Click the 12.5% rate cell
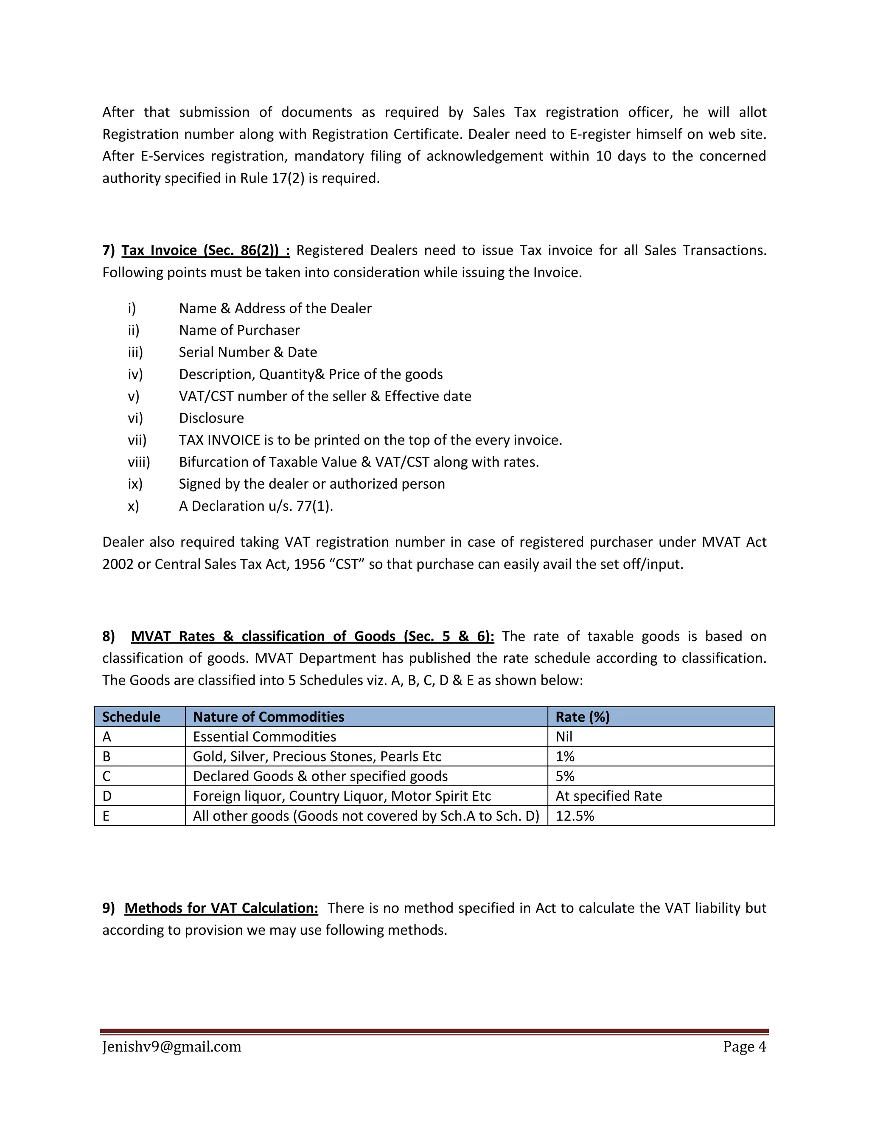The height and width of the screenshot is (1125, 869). click(575, 816)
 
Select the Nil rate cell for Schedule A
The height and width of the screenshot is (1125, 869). click(564, 737)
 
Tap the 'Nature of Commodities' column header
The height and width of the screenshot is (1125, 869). click(268, 717)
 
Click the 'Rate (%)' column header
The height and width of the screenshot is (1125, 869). click(582, 717)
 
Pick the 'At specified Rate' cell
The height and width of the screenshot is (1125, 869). click(608, 796)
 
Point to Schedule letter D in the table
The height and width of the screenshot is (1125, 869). click(107, 796)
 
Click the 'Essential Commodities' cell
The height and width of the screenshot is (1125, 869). click(264, 737)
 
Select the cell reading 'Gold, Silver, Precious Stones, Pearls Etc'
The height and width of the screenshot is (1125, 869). click(317, 757)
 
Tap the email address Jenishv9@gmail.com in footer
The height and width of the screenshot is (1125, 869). click(171, 1047)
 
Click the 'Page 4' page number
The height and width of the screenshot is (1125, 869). click(744, 1047)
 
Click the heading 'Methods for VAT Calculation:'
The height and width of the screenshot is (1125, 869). click(221, 908)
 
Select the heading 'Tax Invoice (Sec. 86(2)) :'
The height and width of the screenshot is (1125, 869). click(205, 250)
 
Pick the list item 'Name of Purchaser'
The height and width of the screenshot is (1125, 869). click(239, 330)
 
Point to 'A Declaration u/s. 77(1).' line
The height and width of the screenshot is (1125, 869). click(256, 506)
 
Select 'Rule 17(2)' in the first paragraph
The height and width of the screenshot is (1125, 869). click(272, 178)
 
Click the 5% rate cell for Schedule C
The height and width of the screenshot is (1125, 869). click(565, 776)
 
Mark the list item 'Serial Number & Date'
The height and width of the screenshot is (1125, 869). click(248, 352)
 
